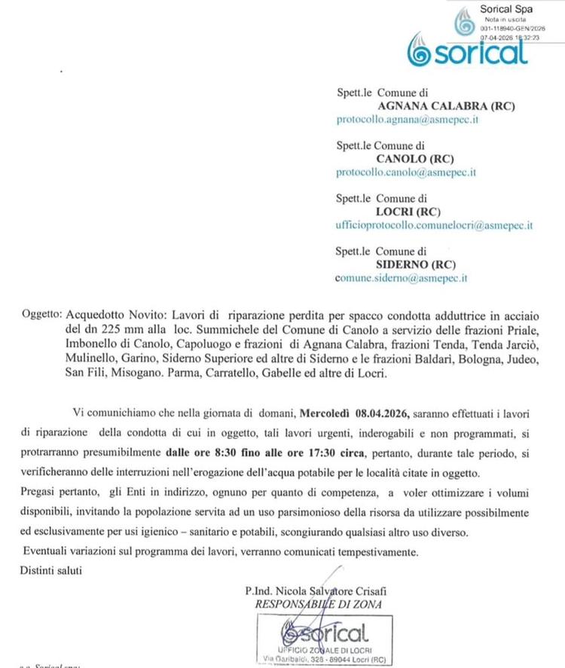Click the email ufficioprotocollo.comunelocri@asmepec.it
pos(435,224)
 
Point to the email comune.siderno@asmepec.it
pos(402,277)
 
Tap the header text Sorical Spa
pos(505,8)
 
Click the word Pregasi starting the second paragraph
pos(38,492)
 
